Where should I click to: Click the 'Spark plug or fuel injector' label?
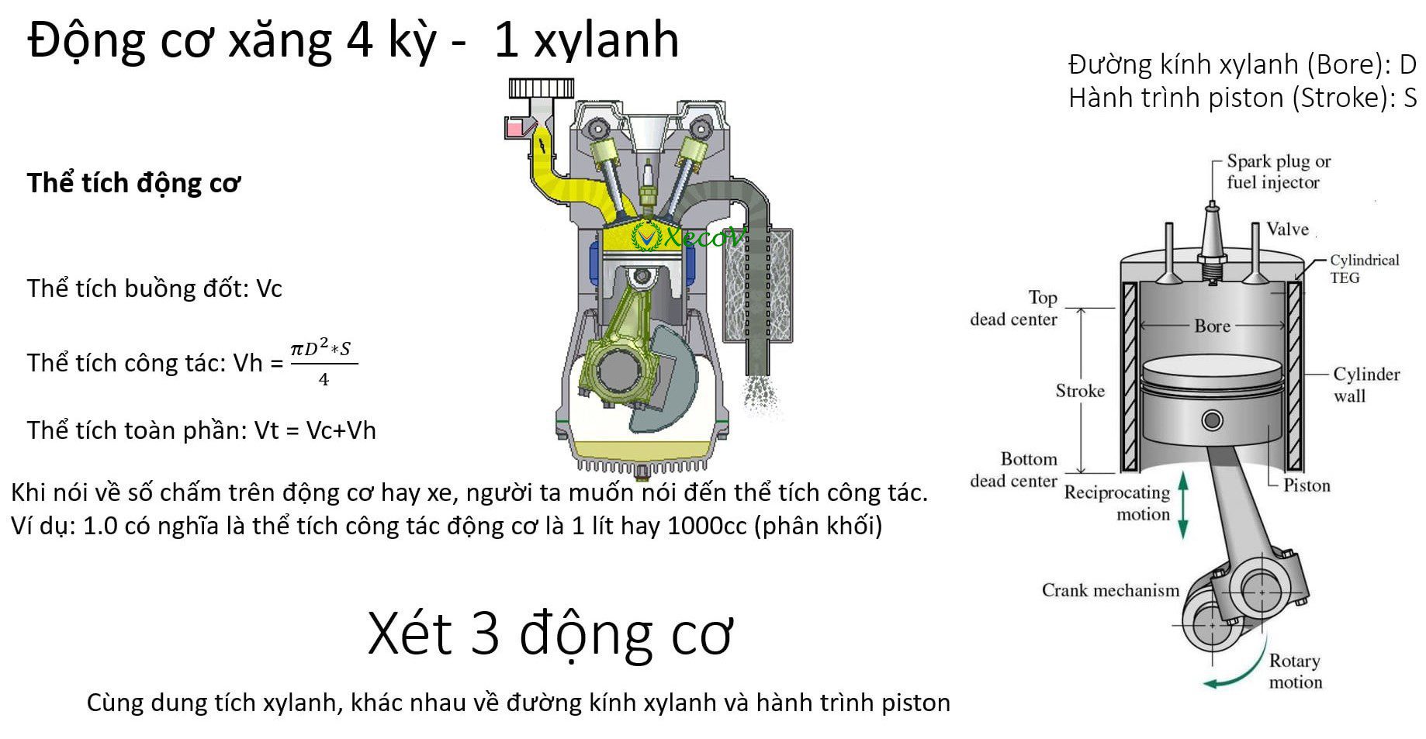point(1279,172)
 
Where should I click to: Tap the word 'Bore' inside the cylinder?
point(1213,326)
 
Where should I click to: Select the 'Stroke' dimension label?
point(1080,391)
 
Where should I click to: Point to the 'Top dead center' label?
point(1013,309)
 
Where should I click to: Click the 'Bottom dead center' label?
point(1013,470)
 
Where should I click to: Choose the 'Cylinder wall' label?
point(1366,385)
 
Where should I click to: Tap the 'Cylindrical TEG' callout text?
point(1364,269)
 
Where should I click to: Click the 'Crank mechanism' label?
point(1110,591)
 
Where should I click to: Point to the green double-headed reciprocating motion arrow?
point(1183,506)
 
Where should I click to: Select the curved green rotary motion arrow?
point(1241,667)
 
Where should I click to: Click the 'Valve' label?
point(1287,229)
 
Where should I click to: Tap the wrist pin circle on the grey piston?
point(1212,421)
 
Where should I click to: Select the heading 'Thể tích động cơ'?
point(133,183)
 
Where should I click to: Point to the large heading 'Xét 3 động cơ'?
point(550,634)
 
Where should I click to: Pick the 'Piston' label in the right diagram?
point(1307,486)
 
